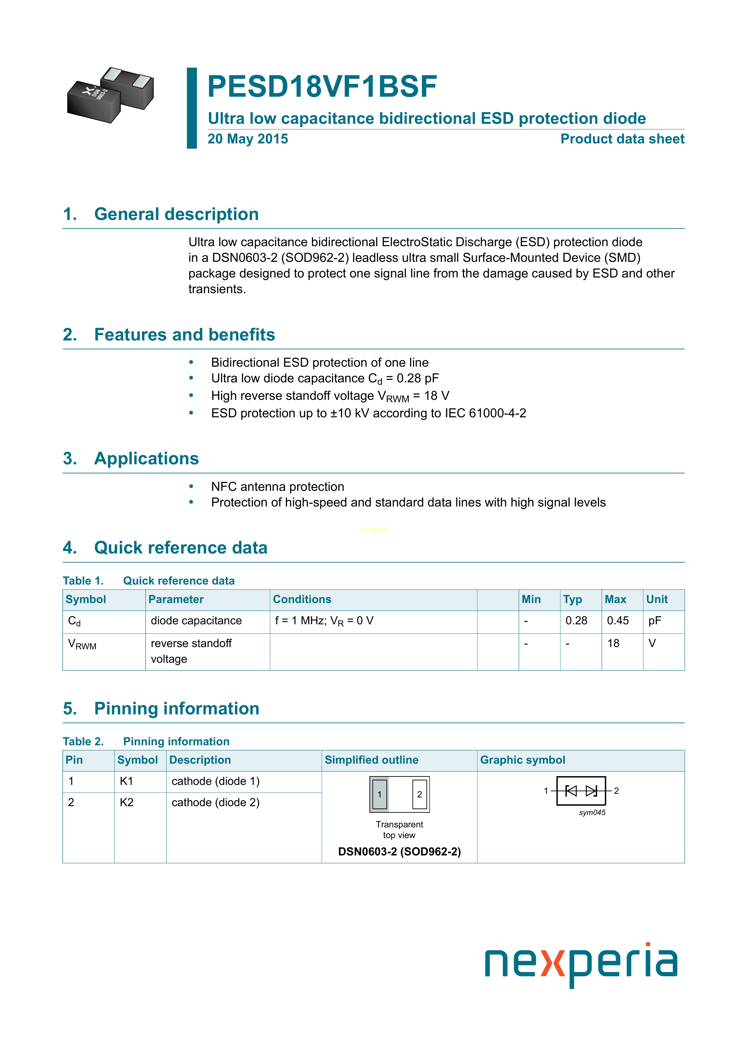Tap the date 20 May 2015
[x=248, y=139]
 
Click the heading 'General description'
[x=176, y=215]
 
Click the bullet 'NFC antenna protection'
[x=277, y=487]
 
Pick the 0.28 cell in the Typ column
[x=576, y=621]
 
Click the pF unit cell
[x=655, y=621]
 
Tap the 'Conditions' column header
[x=302, y=599]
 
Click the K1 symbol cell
[x=126, y=781]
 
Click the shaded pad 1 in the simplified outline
[x=380, y=794]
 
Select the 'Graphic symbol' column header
[x=522, y=760]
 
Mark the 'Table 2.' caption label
[x=84, y=742]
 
